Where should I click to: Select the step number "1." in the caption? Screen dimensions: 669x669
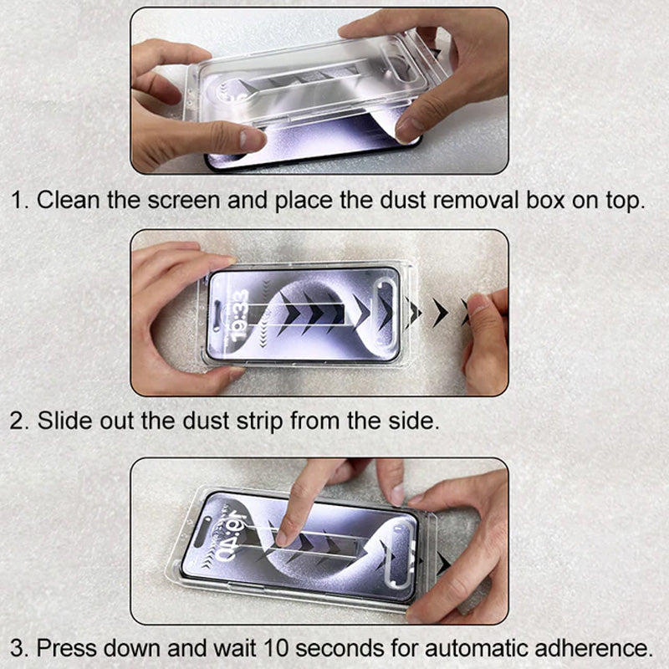pyautogui.click(x=20, y=202)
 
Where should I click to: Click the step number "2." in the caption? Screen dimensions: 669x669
pyautogui.click(x=20, y=421)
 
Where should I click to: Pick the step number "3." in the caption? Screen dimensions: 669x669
pyautogui.click(x=20, y=647)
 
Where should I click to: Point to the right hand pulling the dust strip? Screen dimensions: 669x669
pyautogui.click(x=485, y=334)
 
